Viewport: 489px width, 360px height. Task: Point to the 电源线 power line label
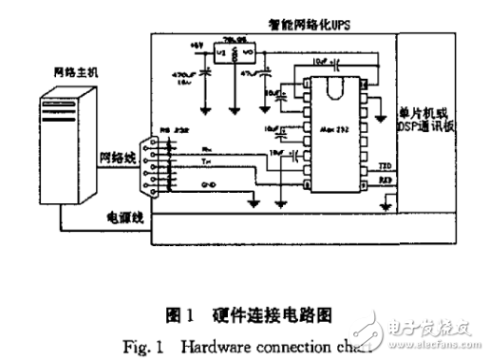coord(124,218)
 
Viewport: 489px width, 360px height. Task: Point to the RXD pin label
coord(385,179)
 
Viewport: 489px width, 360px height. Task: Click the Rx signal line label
coord(208,148)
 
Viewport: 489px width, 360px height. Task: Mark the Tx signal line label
coord(208,161)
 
